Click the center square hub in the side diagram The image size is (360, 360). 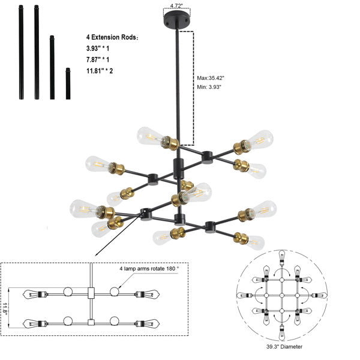point(91,294)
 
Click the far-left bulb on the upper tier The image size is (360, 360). point(96,163)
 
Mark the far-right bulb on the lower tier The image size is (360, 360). point(262,209)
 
